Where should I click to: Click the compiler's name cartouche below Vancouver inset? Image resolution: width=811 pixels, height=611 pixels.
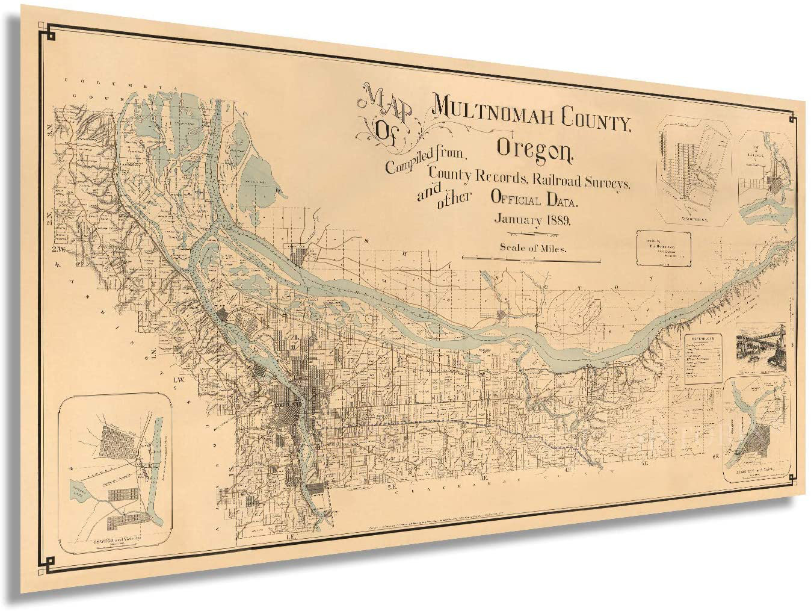click(x=664, y=247)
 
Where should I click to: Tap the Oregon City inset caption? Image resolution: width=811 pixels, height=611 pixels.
click(x=754, y=473)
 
